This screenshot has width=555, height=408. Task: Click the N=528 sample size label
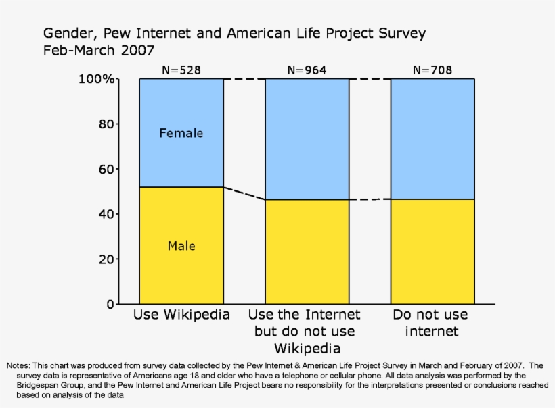click(x=181, y=70)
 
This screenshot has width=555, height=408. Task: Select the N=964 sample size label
click(x=307, y=70)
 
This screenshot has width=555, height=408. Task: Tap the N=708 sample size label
click(x=432, y=70)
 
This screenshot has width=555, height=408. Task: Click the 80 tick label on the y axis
click(x=105, y=124)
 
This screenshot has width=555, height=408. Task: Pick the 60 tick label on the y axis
click(x=105, y=169)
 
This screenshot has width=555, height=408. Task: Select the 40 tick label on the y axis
click(x=105, y=214)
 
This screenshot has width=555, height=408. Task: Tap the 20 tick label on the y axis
click(x=105, y=259)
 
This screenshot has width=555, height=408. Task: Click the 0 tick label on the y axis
click(x=109, y=304)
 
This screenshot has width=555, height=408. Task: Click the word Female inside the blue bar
click(x=181, y=133)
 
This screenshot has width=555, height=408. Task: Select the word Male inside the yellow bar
click(x=181, y=246)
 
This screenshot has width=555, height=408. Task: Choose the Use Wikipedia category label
click(x=181, y=315)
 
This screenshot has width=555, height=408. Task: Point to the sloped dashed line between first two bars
click(x=244, y=193)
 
